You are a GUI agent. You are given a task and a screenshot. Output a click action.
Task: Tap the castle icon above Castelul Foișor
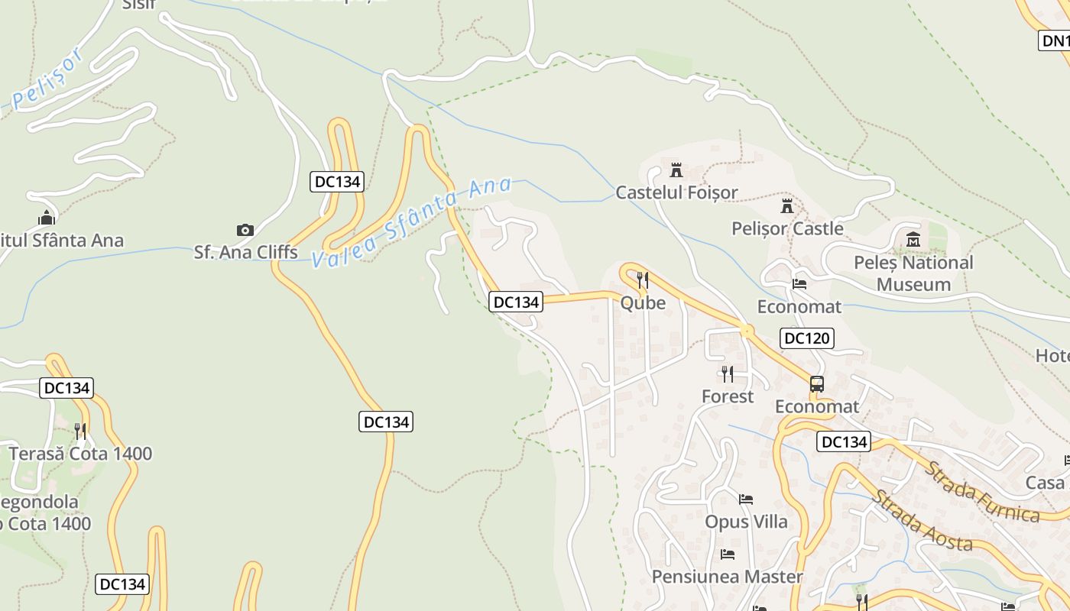tap(676, 170)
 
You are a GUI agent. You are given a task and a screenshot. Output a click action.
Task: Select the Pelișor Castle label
tap(787, 228)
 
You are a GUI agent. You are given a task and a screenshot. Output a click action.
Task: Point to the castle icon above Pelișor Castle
tap(786, 205)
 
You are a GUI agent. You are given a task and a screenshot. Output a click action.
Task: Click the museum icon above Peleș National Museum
tap(913, 241)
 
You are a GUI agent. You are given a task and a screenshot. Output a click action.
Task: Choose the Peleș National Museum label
tap(913, 273)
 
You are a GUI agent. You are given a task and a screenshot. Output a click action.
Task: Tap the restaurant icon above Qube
tap(643, 280)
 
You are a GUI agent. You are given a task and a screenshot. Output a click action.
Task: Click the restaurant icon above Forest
tap(728, 373)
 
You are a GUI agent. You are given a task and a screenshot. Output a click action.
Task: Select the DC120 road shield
tap(807, 338)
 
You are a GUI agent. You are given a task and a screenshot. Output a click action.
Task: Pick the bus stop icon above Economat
tap(817, 384)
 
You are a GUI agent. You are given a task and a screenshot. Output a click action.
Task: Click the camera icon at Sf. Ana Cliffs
tap(245, 230)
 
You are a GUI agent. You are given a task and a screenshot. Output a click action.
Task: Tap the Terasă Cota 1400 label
tap(80, 454)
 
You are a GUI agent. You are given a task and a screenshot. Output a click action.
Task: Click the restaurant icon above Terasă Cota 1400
tap(80, 431)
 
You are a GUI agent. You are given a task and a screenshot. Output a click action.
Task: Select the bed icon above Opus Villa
tap(746, 499)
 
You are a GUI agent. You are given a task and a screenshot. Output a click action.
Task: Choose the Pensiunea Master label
tap(727, 577)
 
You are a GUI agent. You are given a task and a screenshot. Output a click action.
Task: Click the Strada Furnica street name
tap(982, 492)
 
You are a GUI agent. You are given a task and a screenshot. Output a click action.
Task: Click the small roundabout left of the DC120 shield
tap(746, 331)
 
